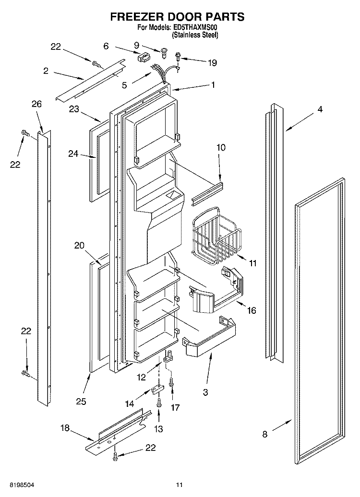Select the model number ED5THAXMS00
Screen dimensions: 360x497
195,27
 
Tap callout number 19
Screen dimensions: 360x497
212,63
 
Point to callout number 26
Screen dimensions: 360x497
36,104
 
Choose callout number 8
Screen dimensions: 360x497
265,434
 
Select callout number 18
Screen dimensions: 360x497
65,428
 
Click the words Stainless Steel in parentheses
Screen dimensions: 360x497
195,35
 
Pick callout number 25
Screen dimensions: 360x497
81,401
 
